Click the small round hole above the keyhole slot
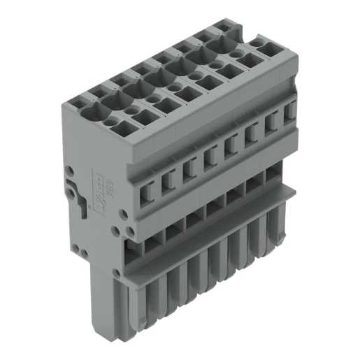[69, 170]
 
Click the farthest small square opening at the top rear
[224, 25]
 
